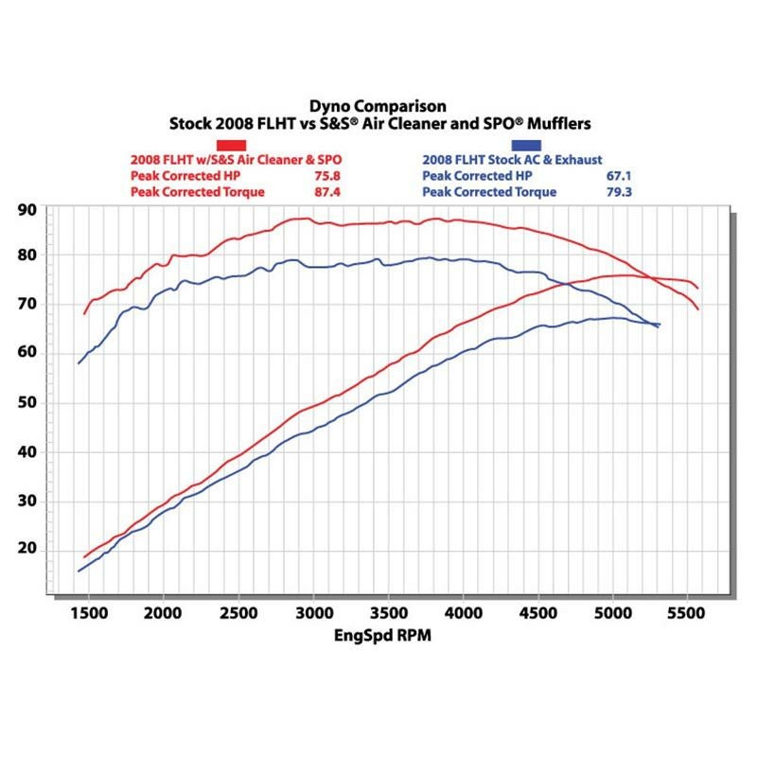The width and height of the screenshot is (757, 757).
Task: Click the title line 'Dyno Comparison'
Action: tap(378, 107)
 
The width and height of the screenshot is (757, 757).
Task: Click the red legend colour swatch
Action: tap(233, 145)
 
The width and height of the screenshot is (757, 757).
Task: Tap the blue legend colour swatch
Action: tap(526, 145)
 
